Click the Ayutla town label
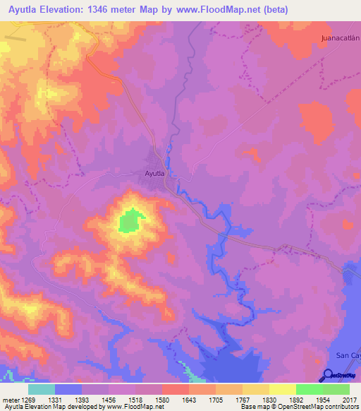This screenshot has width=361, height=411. (154, 173)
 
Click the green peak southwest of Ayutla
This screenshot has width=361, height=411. (128, 222)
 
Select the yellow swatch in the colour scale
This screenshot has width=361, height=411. (283, 389)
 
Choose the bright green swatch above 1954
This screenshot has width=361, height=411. (310, 389)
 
